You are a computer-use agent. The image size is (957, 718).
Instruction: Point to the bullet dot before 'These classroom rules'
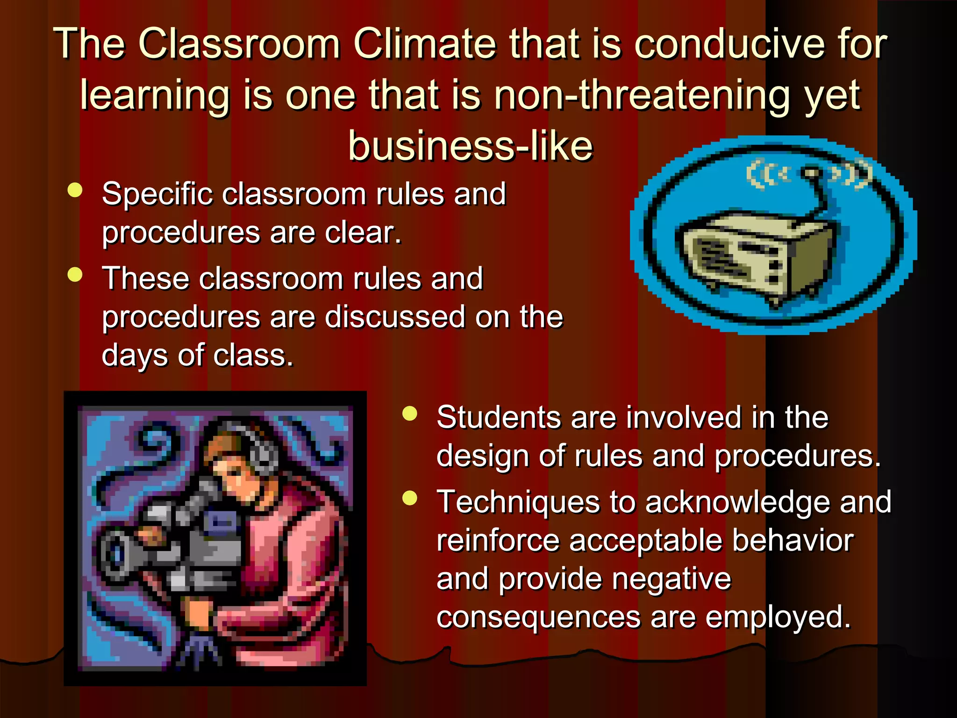pyautogui.click(x=75, y=274)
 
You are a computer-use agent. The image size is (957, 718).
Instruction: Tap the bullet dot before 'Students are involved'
pyautogui.click(x=409, y=414)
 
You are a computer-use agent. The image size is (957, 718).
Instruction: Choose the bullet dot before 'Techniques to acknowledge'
pyautogui.click(x=409, y=498)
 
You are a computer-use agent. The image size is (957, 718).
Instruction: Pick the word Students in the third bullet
pyautogui.click(x=498, y=417)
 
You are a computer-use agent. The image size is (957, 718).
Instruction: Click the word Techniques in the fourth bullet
pyautogui.click(x=518, y=502)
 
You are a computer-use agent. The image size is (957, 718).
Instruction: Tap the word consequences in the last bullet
pyautogui.click(x=538, y=617)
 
